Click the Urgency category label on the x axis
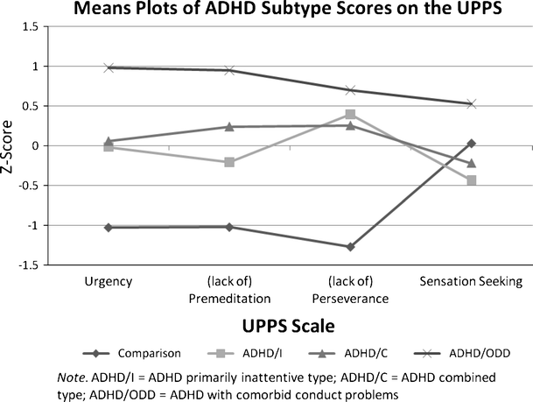pyautogui.click(x=108, y=281)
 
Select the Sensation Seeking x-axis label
pyautogui.click(x=472, y=281)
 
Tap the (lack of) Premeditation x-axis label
pyautogui.click(x=229, y=289)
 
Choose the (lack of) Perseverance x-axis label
pyautogui.click(x=350, y=289)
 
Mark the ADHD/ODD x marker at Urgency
pyautogui.click(x=108, y=67)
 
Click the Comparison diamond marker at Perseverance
pyautogui.click(x=350, y=247)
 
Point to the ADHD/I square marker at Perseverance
pyautogui.click(x=350, y=114)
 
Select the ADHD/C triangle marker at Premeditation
pyautogui.click(x=229, y=127)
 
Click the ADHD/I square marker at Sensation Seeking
pyautogui.click(x=471, y=180)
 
